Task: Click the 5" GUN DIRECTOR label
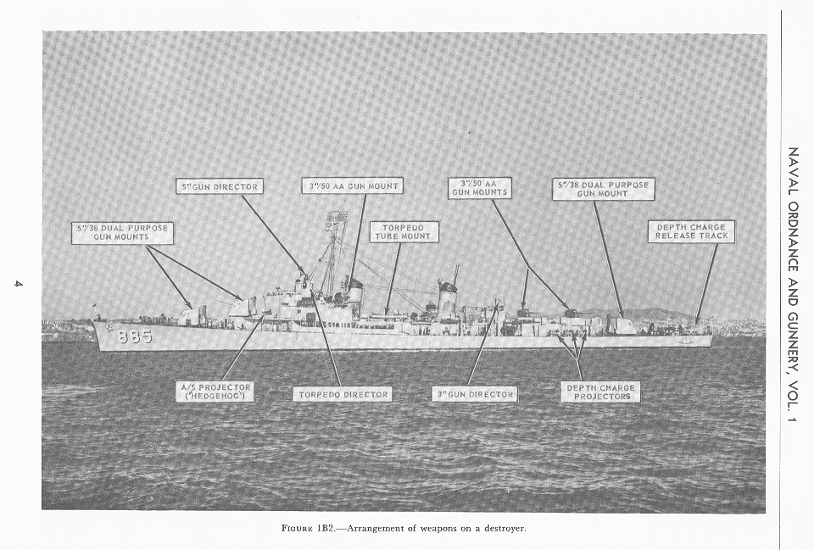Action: tap(220, 186)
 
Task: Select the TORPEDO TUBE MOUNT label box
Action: tap(404, 231)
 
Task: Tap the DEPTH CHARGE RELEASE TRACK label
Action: tap(691, 231)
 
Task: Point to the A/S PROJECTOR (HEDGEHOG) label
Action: tap(215, 391)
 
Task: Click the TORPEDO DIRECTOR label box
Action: tap(343, 394)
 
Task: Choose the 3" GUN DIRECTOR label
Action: tap(474, 394)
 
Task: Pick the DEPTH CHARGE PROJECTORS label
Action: tap(600, 391)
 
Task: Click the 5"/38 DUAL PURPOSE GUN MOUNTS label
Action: tap(122, 232)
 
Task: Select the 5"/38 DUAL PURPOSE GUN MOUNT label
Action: tap(603, 188)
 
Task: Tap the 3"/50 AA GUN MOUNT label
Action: tap(352, 185)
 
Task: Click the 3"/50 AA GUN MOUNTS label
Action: tap(479, 187)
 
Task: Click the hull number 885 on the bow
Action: tap(135, 336)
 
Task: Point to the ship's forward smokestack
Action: tap(355, 294)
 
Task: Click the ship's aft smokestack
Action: tap(447, 297)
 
